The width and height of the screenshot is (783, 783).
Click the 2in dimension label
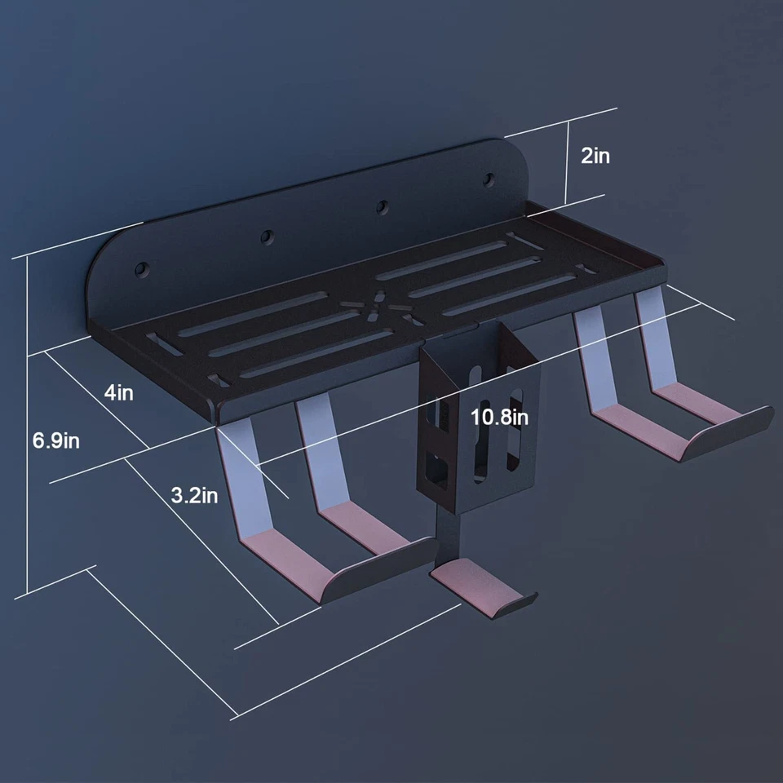[595, 156]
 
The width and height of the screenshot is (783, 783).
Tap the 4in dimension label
[119, 392]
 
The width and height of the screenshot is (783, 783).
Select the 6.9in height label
[56, 440]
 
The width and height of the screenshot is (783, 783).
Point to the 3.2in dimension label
[194, 495]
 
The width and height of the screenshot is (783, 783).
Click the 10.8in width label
[499, 417]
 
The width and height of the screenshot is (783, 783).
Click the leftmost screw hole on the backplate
[142, 269]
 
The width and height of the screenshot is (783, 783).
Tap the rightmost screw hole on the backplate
[489, 179]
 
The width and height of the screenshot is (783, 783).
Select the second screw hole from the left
[268, 237]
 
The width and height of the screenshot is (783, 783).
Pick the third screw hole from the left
[383, 206]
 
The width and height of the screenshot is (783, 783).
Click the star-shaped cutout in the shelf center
[381, 306]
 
